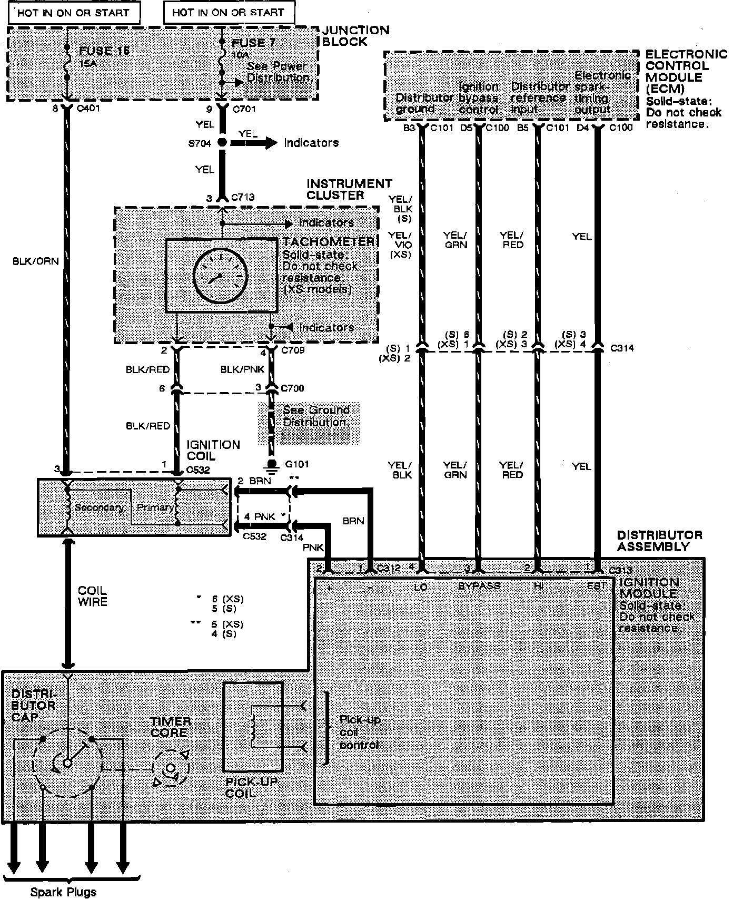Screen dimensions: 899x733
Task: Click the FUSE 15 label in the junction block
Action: point(104,51)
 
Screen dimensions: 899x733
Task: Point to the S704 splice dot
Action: point(222,143)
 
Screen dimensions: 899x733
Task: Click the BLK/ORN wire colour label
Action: point(36,261)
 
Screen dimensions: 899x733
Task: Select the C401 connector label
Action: point(88,109)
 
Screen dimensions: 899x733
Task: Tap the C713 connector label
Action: point(243,198)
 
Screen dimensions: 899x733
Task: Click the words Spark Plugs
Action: point(63,892)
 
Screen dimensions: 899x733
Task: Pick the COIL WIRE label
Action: point(92,596)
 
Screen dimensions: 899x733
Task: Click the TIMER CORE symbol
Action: point(170,767)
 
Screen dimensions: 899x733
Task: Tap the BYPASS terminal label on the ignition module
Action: point(479,585)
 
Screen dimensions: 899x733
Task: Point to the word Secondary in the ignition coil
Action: point(100,507)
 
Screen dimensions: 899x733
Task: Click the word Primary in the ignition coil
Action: point(155,507)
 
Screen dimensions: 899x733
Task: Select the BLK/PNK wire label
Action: point(242,370)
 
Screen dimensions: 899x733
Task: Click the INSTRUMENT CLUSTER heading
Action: point(349,189)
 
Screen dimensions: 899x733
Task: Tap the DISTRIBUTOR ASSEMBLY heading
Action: point(659,541)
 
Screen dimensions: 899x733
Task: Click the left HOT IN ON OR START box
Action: point(73,13)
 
